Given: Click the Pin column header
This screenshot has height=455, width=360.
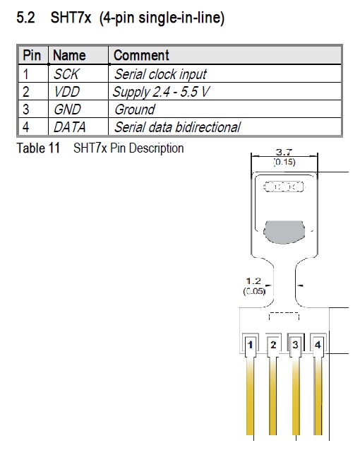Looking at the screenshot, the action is point(32,55).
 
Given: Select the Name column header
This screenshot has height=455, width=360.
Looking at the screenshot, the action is point(69,55).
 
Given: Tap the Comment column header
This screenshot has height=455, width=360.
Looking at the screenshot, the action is point(141,55).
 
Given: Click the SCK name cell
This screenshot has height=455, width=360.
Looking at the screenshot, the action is point(66,74).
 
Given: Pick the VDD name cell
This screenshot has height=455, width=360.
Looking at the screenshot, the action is point(67,92).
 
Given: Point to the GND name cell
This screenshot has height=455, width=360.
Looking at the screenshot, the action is point(67,110).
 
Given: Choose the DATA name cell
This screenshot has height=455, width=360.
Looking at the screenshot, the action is point(70,127).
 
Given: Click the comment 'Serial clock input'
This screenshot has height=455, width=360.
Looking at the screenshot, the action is point(160,74).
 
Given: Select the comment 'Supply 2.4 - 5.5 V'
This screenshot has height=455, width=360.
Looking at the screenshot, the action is point(161,92).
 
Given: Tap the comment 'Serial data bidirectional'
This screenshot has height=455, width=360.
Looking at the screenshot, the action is point(177,127).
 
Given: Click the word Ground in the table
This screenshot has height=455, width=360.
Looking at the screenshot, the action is point(135,110).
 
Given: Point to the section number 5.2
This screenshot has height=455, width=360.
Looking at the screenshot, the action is point(25,18).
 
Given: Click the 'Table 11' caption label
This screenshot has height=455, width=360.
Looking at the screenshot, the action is point(38,148).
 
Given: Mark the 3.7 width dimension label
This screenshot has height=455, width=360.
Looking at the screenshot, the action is point(284,152).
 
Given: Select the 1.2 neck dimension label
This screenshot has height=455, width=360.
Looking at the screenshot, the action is point(253,281).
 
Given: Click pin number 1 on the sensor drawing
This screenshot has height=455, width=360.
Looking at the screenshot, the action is point(250,345).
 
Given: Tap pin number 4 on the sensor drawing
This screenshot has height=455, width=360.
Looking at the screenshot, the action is point(318,345).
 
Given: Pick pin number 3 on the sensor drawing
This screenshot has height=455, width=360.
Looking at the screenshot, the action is point(295,345).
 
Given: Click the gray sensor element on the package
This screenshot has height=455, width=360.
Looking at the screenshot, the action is point(284,232).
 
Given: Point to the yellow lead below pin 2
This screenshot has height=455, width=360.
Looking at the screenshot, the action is point(272,398).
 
